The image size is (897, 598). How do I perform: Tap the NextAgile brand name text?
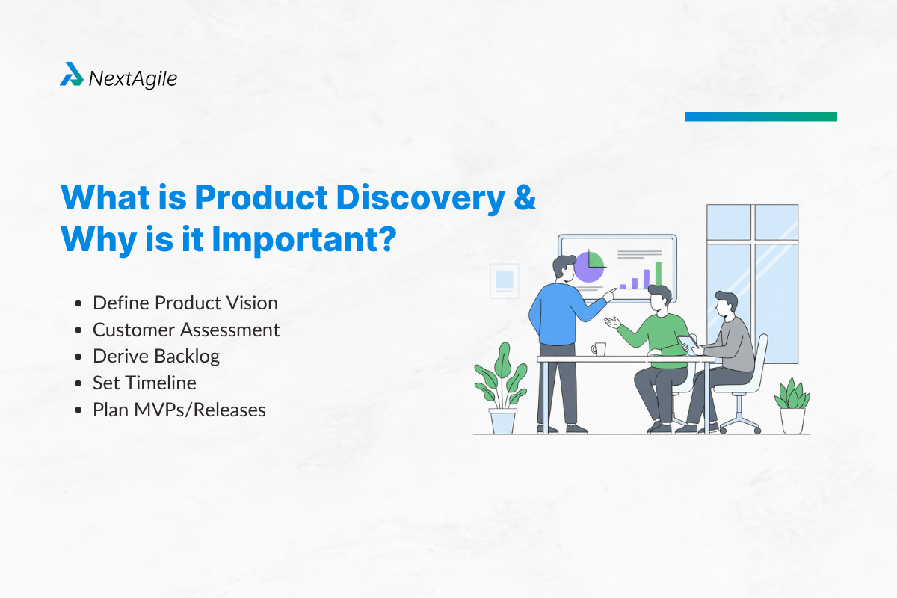[133, 78]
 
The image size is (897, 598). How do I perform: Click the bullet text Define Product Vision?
[185, 303]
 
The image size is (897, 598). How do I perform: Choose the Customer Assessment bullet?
[185, 330]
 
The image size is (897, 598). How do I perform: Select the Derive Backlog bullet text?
[155, 356]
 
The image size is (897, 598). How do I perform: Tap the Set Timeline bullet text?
[144, 383]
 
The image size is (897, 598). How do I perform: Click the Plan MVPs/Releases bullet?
[179, 410]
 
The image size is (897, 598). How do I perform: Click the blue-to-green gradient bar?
[760, 117]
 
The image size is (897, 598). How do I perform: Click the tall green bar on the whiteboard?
[659, 274]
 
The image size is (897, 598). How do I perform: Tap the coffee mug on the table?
[598, 349]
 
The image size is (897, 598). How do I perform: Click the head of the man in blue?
[563, 267]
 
